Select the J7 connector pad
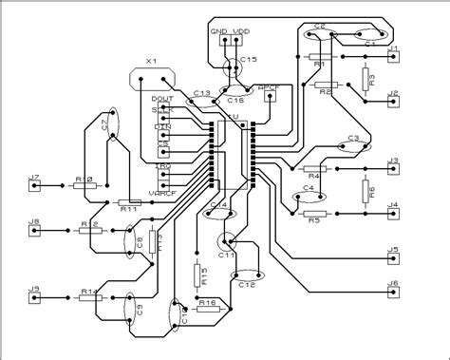click(35, 186)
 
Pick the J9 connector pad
click(35, 296)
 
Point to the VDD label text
click(242, 31)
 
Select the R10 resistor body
click(84, 186)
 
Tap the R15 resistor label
click(203, 276)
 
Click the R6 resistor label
click(371, 191)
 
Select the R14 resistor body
click(90, 296)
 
